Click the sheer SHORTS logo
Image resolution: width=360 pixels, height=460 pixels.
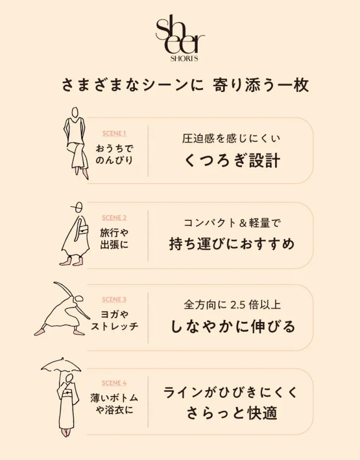pyautogui.click(x=180, y=40)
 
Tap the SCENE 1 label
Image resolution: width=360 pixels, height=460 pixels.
pyautogui.click(x=114, y=134)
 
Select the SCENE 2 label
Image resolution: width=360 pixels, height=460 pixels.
pyautogui.click(x=114, y=218)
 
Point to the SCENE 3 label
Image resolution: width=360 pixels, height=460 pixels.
pyautogui.click(x=114, y=299)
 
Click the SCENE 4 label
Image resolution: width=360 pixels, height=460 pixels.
pyautogui.click(x=114, y=383)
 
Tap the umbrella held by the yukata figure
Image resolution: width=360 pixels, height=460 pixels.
pyautogui.click(x=61, y=365)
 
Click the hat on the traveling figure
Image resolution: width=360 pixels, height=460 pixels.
pyautogui.click(x=78, y=207)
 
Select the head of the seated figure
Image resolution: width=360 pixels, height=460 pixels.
pyautogui.click(x=75, y=113)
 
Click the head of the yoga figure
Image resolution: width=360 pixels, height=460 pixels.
pyautogui.click(x=79, y=299)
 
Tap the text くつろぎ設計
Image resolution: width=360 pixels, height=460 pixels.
pyautogui.click(x=232, y=161)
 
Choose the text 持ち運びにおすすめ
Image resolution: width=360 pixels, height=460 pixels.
pyautogui.click(x=232, y=244)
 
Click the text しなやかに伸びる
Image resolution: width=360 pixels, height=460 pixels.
pyautogui.click(x=233, y=326)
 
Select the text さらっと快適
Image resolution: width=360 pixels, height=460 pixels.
pyautogui.click(x=232, y=413)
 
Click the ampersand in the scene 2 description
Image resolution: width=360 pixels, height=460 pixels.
pyautogui.click(x=243, y=224)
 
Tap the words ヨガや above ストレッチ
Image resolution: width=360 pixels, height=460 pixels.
pyautogui.click(x=114, y=314)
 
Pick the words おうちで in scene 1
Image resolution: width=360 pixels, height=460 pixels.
pyautogui.click(x=114, y=148)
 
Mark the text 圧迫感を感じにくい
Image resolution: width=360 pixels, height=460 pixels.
pyautogui.click(x=231, y=139)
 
